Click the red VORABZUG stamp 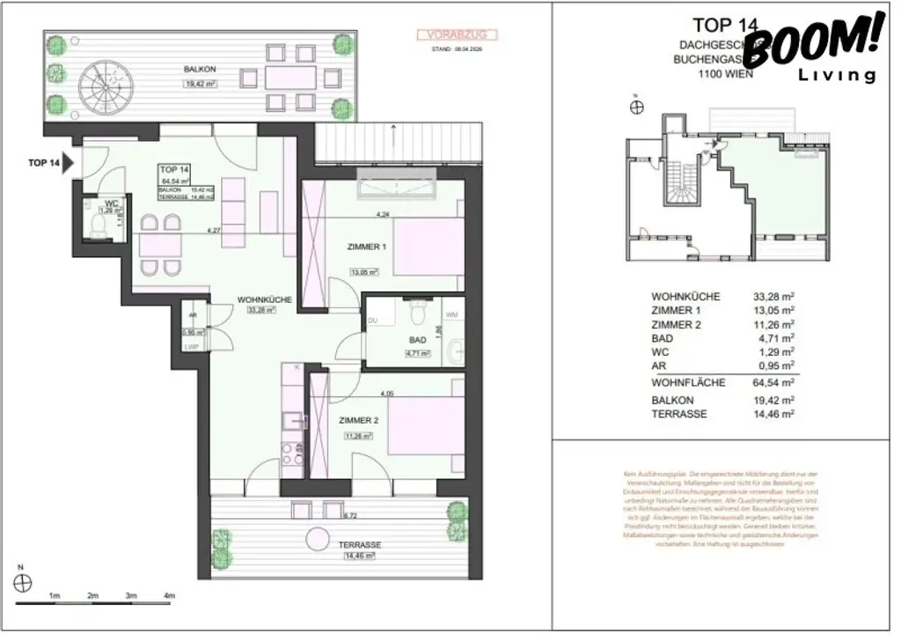(x=456, y=35)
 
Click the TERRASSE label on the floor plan (x=360, y=545)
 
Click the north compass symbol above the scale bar (x=25, y=582)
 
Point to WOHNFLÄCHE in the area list (x=688, y=382)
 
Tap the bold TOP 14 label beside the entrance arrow (x=44, y=164)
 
